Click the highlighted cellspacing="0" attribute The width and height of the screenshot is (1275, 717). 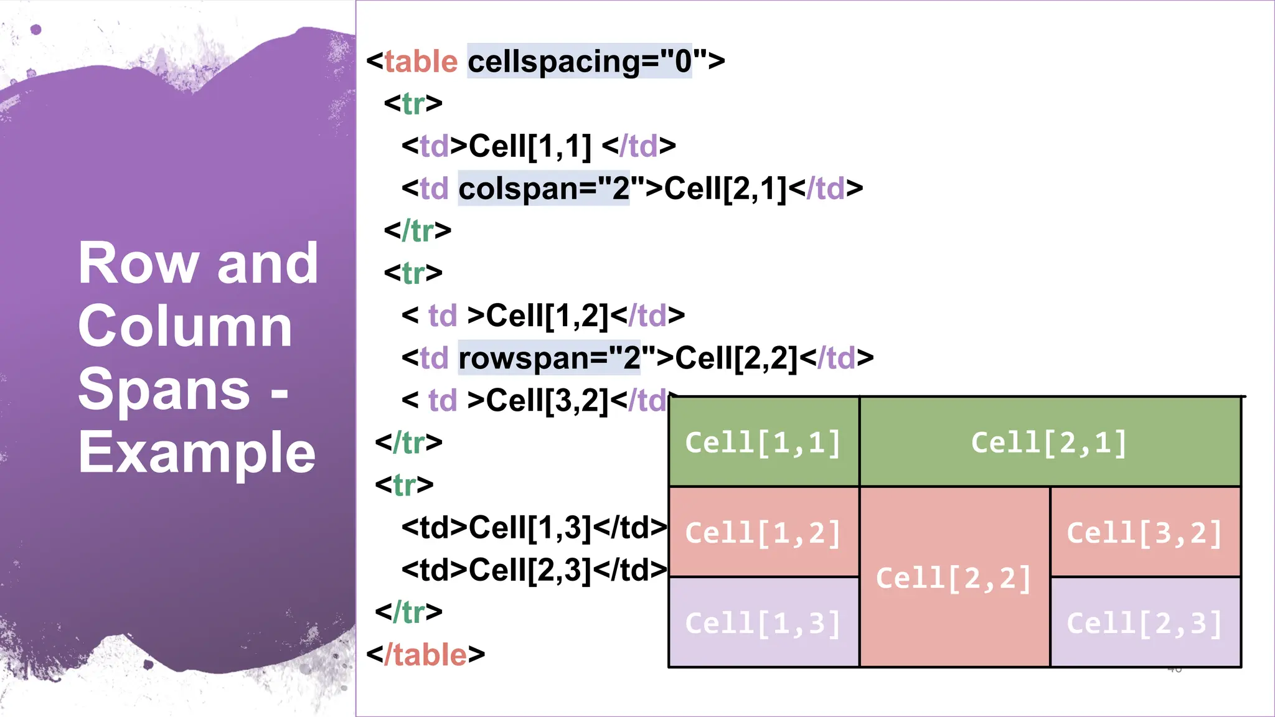tap(580, 61)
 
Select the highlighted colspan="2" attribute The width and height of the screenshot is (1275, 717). tap(543, 188)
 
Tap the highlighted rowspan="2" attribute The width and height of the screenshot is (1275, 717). tap(549, 358)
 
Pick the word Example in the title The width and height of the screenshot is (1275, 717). tap(197, 452)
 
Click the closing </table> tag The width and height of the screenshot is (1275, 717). tap(426, 654)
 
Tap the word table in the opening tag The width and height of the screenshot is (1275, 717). tap(421, 61)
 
